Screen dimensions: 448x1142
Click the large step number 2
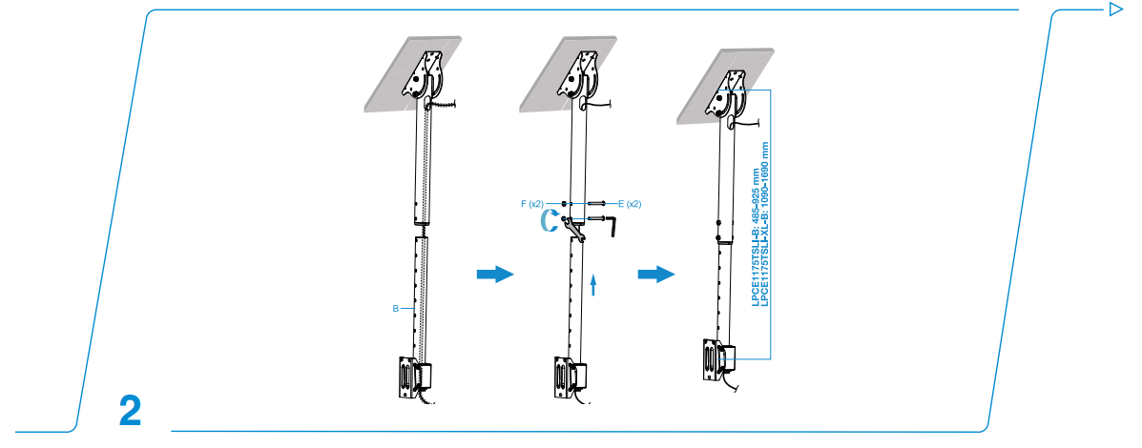(130, 410)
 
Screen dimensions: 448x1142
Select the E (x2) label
(629, 204)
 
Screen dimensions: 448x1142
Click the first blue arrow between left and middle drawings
(494, 275)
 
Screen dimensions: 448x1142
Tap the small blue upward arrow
(594, 286)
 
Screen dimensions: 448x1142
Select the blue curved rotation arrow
(548, 222)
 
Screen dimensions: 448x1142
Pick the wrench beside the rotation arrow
(572, 228)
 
